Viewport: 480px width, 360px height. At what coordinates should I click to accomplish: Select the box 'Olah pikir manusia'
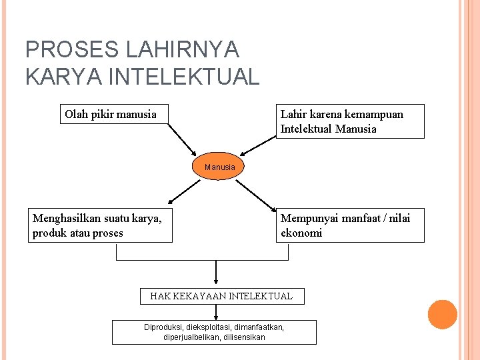[113, 114]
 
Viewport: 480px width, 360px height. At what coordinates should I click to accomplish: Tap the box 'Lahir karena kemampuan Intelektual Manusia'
[350, 121]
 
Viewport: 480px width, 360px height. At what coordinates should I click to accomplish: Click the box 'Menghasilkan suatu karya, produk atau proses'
[102, 225]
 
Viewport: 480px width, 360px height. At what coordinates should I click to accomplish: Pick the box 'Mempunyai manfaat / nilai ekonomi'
[350, 225]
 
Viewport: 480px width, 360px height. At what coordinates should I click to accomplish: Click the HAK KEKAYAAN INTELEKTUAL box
[222, 296]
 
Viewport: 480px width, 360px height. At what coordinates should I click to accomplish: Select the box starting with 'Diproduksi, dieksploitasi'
[214, 332]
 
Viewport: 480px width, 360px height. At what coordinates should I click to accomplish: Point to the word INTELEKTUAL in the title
[183, 77]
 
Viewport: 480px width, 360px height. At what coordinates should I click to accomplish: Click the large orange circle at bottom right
[442, 315]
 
